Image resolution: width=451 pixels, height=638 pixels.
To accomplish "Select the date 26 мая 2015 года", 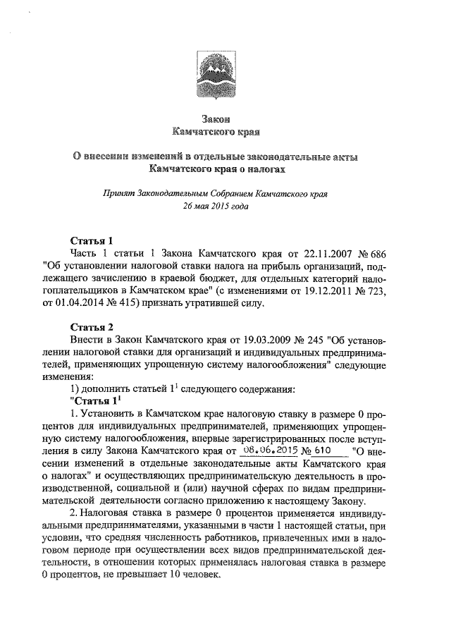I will [x=216, y=205].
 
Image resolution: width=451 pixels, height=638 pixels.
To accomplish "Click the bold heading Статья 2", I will [x=92, y=326].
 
